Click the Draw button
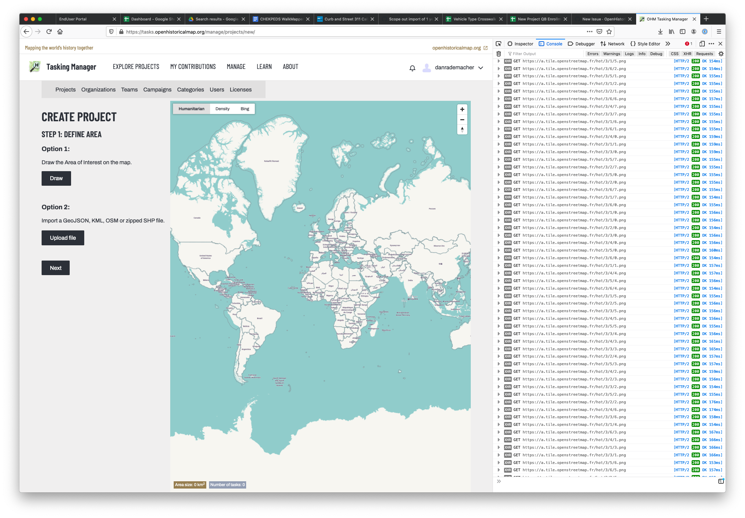point(56,178)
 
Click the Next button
point(55,268)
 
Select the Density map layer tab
point(222,109)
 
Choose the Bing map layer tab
point(245,109)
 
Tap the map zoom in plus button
point(462,109)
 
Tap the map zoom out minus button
point(462,120)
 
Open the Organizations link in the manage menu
point(98,90)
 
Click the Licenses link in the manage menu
point(241,90)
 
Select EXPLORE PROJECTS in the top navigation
point(136,67)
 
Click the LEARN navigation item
point(264,67)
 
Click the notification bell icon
point(412,68)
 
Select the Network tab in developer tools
point(613,44)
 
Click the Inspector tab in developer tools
point(520,44)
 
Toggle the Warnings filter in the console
point(611,54)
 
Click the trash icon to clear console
point(499,54)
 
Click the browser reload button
point(49,32)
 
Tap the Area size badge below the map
point(190,485)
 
